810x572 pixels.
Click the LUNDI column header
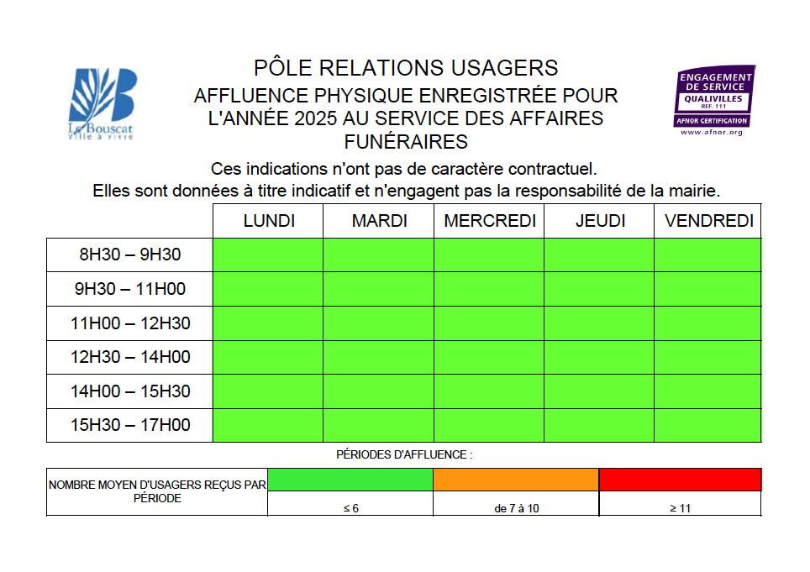coord(269,221)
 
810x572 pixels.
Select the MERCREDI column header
coord(489,221)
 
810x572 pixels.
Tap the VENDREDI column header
coord(708,221)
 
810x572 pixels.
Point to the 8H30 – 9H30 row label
coord(130,255)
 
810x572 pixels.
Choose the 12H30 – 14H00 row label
coord(130,357)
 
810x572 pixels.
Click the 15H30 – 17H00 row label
coord(130,425)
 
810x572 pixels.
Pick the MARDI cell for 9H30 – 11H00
coord(378,289)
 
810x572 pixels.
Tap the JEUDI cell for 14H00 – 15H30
coord(598,391)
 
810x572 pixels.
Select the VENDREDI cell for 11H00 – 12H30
coord(707,323)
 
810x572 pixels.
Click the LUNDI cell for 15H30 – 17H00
coord(268,425)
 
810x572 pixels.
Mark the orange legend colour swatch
coord(516,480)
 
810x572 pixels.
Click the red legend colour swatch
coord(680,480)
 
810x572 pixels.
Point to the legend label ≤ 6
coord(351,508)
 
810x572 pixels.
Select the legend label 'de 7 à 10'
coord(517,508)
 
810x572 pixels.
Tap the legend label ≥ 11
coord(680,508)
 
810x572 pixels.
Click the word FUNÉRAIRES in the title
coord(406,141)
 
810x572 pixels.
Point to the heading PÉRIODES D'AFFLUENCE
coord(404,454)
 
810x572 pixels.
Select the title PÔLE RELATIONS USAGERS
coord(406,67)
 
